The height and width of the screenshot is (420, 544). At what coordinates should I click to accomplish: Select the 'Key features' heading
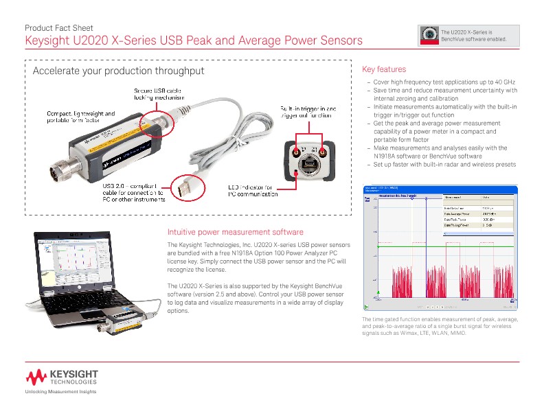383,69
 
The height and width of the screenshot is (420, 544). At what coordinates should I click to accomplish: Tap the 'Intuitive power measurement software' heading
235,233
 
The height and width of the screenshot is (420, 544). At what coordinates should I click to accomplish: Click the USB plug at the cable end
185,187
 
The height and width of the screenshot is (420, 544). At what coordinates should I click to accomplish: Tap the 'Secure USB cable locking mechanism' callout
159,95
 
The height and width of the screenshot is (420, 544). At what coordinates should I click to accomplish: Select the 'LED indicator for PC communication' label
252,191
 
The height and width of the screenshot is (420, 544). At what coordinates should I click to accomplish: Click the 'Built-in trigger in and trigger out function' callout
308,112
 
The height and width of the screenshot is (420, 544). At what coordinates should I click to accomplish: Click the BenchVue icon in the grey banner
431,34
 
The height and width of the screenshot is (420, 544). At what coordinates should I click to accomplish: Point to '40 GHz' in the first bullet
503,82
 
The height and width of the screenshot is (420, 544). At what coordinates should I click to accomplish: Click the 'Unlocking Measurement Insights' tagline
60,391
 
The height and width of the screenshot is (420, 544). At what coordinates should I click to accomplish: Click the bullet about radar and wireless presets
444,164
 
